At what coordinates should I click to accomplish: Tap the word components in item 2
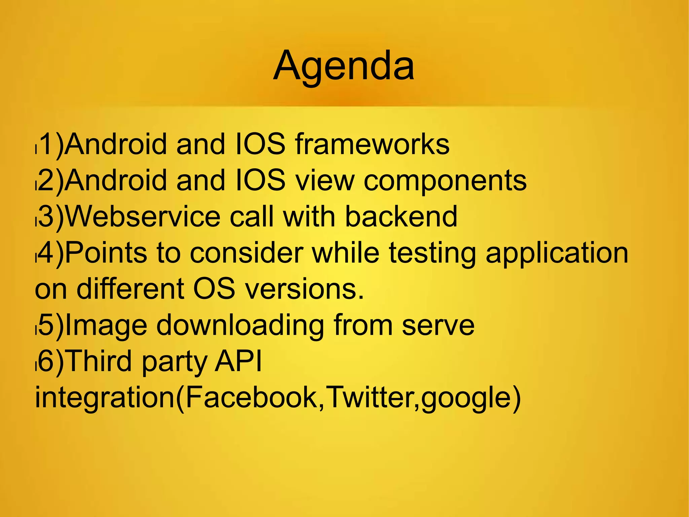[445, 180]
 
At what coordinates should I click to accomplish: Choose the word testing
[432, 253]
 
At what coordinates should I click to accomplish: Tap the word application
[557, 253]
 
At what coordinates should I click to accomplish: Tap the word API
[238, 361]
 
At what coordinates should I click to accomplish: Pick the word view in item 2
[325, 180]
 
